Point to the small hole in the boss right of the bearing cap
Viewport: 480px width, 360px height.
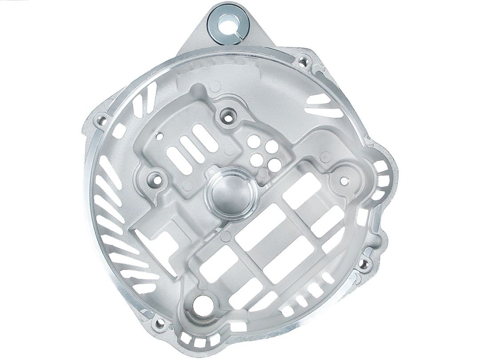pos(344,180)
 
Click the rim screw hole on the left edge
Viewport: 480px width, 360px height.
pos(102,119)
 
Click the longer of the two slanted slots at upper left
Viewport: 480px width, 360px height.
pos(150,96)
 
